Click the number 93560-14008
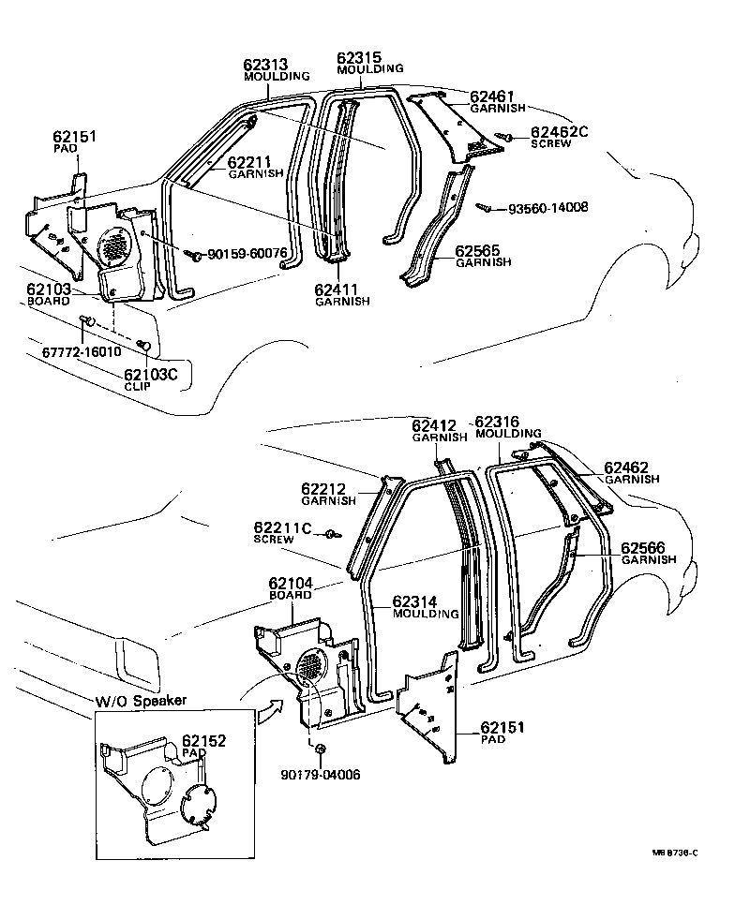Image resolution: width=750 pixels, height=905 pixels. tap(548, 207)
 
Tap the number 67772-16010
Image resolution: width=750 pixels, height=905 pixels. tap(81, 351)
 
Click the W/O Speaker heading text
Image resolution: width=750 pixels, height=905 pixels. tap(141, 701)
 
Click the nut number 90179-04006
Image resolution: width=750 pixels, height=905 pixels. tap(320, 774)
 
